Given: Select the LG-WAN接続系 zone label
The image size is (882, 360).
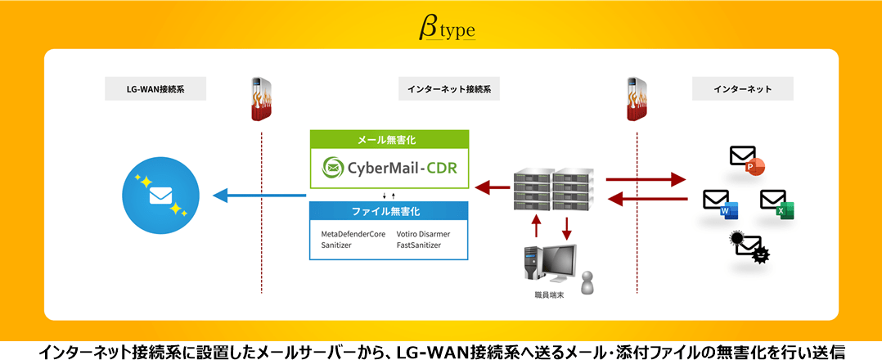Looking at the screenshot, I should pyautogui.click(x=155, y=89).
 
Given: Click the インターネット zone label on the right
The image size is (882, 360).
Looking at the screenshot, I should pyautogui.click(x=742, y=89).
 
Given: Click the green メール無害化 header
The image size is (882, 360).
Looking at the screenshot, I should pyautogui.click(x=389, y=140).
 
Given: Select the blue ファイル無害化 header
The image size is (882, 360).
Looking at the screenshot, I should pyautogui.click(x=389, y=211).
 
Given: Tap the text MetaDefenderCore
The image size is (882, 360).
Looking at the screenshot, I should pyautogui.click(x=353, y=234).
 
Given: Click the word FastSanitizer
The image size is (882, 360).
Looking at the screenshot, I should pyautogui.click(x=422, y=245).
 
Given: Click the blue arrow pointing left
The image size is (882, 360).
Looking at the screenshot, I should pyautogui.click(x=259, y=196).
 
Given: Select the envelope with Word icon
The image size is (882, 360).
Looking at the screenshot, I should pyautogui.click(x=720, y=203).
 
